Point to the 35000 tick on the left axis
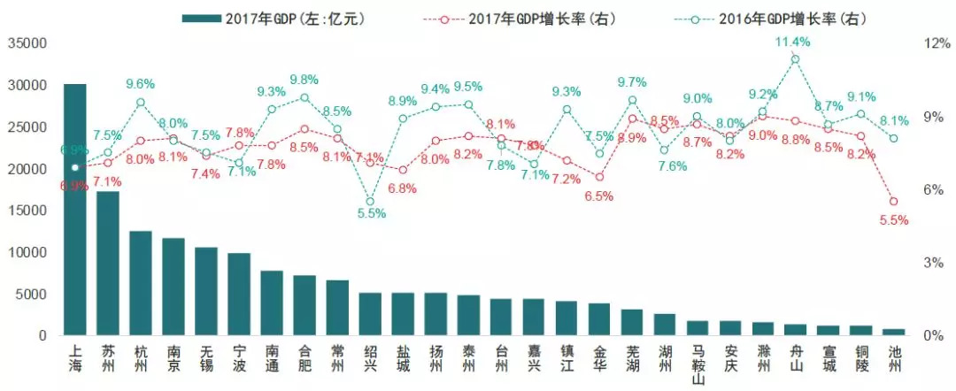[27, 42]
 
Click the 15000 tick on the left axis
[27, 211]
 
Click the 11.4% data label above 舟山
[793, 42]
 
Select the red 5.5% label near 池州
[893, 220]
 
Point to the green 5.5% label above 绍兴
[371, 213]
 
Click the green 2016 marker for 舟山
[795, 59]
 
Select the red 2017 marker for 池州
[893, 202]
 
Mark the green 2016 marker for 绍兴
[370, 202]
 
